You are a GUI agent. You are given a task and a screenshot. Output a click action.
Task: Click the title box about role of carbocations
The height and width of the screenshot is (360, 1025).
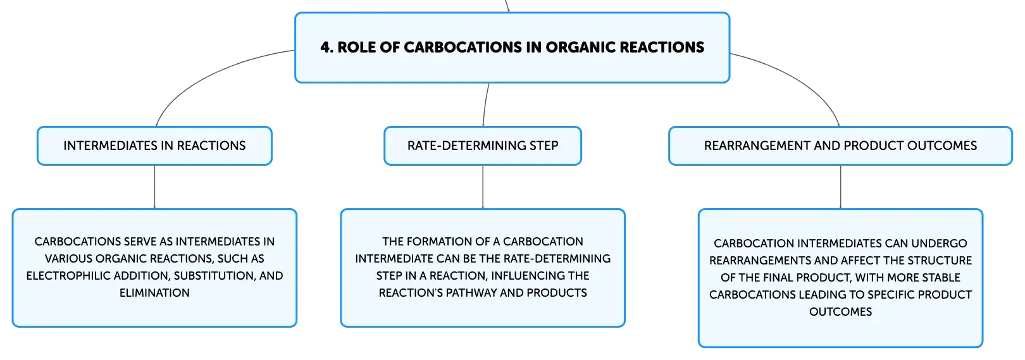click(x=512, y=47)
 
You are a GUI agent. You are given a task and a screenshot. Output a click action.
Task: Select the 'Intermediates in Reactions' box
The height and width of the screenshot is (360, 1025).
click(x=154, y=146)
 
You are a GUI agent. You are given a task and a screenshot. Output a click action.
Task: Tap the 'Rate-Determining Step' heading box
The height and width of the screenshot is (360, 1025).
click(x=483, y=146)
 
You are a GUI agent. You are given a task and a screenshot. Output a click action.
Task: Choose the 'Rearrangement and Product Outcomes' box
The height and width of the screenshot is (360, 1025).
click(x=841, y=146)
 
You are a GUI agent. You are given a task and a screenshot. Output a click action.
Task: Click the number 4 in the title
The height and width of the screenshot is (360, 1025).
click(x=325, y=47)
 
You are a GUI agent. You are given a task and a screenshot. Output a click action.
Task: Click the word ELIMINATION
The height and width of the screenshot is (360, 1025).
click(x=154, y=293)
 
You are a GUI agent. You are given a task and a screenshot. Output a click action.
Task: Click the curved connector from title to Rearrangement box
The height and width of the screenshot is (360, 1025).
click(x=798, y=78)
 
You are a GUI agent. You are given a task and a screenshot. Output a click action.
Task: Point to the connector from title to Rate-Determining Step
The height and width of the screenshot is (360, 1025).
click(x=485, y=104)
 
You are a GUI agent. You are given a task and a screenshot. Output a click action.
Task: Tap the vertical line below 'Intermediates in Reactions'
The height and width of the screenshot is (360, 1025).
click(x=154, y=187)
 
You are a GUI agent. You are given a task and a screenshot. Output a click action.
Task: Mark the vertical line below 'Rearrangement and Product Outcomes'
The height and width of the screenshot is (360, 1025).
click(x=841, y=187)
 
